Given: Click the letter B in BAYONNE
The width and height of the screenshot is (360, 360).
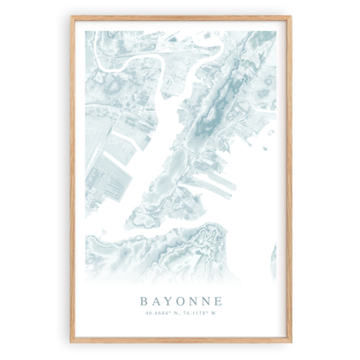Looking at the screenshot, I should pos(143,301).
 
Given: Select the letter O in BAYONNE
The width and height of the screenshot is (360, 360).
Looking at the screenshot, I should pos(181,301).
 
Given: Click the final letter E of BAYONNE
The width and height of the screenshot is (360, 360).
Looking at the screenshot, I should pos(219,301).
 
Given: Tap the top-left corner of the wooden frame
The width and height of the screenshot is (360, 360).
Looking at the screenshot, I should pos(72,17).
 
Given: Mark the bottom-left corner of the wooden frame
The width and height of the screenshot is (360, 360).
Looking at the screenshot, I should pos(72,342).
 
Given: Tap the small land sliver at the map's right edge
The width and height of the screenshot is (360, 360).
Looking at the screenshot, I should pos(273,255).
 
